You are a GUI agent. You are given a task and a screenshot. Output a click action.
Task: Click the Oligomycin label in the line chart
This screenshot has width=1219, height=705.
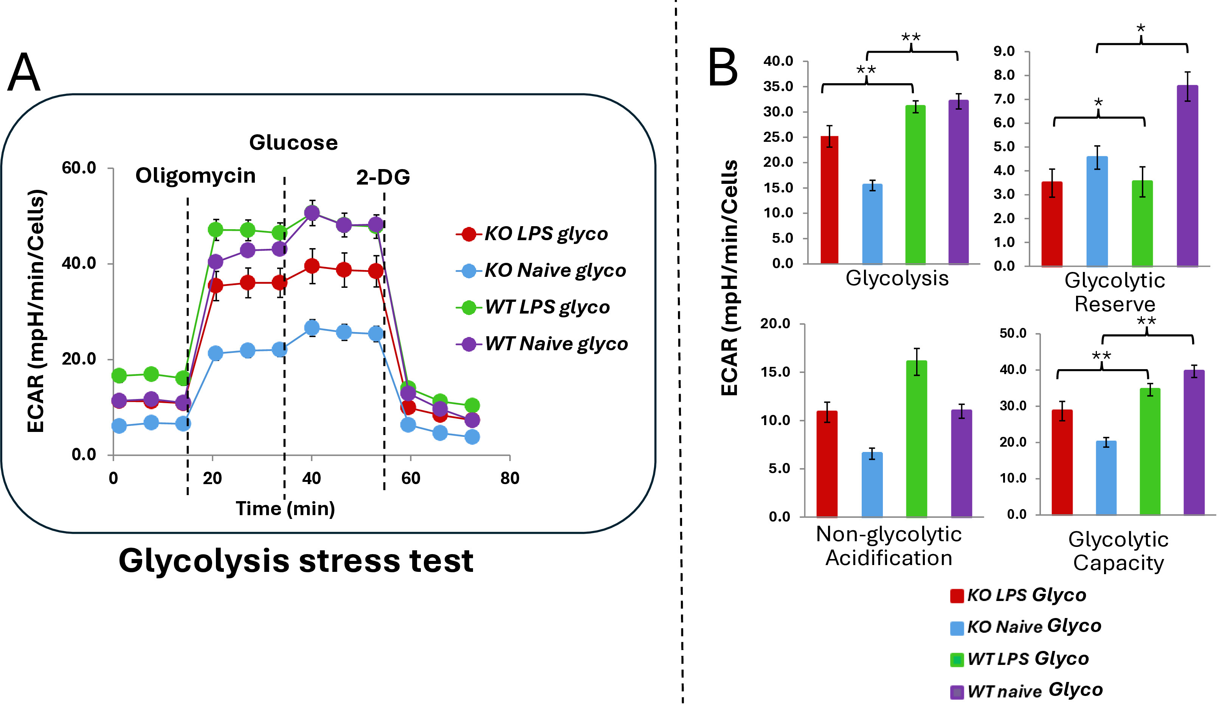pyautogui.click(x=195, y=175)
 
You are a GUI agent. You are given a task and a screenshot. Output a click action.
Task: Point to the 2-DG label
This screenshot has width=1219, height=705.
pyautogui.click(x=383, y=178)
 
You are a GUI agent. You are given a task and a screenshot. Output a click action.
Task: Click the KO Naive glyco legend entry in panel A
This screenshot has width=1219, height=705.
pyautogui.click(x=541, y=270)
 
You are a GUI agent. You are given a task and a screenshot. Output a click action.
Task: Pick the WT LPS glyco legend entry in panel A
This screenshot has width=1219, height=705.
pyautogui.click(x=533, y=307)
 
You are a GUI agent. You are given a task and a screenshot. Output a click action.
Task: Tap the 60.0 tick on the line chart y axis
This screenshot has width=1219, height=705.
pyautogui.click(x=79, y=168)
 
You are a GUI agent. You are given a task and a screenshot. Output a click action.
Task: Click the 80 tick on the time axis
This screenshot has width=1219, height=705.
pyautogui.click(x=510, y=478)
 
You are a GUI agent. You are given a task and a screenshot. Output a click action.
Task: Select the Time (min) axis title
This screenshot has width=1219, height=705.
pyautogui.click(x=285, y=509)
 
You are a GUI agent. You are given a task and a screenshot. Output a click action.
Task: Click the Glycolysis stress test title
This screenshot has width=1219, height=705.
pyautogui.click(x=296, y=561)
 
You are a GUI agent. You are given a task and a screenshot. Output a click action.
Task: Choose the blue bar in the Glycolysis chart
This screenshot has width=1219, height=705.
pyautogui.click(x=872, y=224)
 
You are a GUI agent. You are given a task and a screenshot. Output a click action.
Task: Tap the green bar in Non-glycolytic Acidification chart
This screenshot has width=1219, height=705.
pyautogui.click(x=917, y=439)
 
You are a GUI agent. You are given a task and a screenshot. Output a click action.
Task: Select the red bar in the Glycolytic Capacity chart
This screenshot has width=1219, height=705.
pyautogui.click(x=1062, y=462)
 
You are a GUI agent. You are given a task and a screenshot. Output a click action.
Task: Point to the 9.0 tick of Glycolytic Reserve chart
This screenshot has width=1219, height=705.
pyautogui.click(x=1004, y=51)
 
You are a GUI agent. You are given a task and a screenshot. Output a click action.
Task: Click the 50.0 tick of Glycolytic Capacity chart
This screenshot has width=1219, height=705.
pyautogui.click(x=1013, y=333)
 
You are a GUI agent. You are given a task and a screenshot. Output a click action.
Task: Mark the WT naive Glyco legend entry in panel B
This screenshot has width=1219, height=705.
pyautogui.click(x=1027, y=691)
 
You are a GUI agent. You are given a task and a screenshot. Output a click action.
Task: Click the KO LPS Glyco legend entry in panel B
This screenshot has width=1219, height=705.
pyautogui.click(x=1018, y=595)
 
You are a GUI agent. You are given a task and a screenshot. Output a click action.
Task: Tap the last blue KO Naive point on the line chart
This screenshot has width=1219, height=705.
pyautogui.click(x=472, y=437)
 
